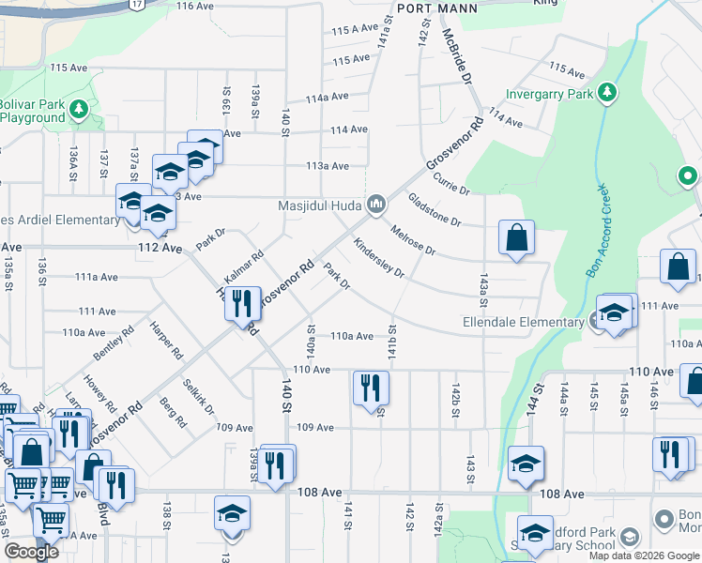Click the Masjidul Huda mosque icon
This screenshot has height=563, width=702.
pos(375,204)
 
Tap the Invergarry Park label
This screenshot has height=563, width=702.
pos(549,94)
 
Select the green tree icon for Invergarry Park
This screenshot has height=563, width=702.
pos(608,92)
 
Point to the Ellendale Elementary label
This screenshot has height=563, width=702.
pos(523,323)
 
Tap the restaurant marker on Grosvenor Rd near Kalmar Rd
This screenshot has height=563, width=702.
pos(243,303)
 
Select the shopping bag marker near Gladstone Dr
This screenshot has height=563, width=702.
pos(516,238)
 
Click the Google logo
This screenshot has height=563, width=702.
pos(31,553)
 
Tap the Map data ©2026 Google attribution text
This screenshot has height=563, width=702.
pos(644,555)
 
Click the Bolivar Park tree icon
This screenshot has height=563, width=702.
pos(80,110)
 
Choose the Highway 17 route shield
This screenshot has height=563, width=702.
pos(137,5)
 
